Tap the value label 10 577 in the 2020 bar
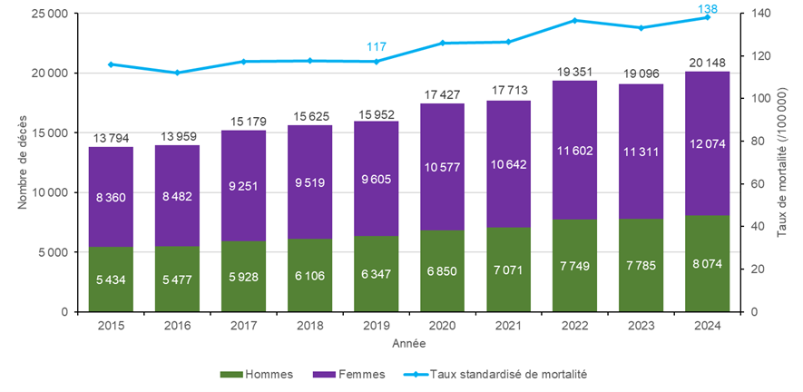click(443, 166)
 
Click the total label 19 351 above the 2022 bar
click(574, 70)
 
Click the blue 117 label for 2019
click(377, 46)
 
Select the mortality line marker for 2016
click(178, 73)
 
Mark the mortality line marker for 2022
click(574, 20)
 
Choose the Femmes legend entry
click(350, 374)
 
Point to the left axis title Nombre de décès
click(22, 163)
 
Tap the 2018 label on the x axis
click(310, 325)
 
